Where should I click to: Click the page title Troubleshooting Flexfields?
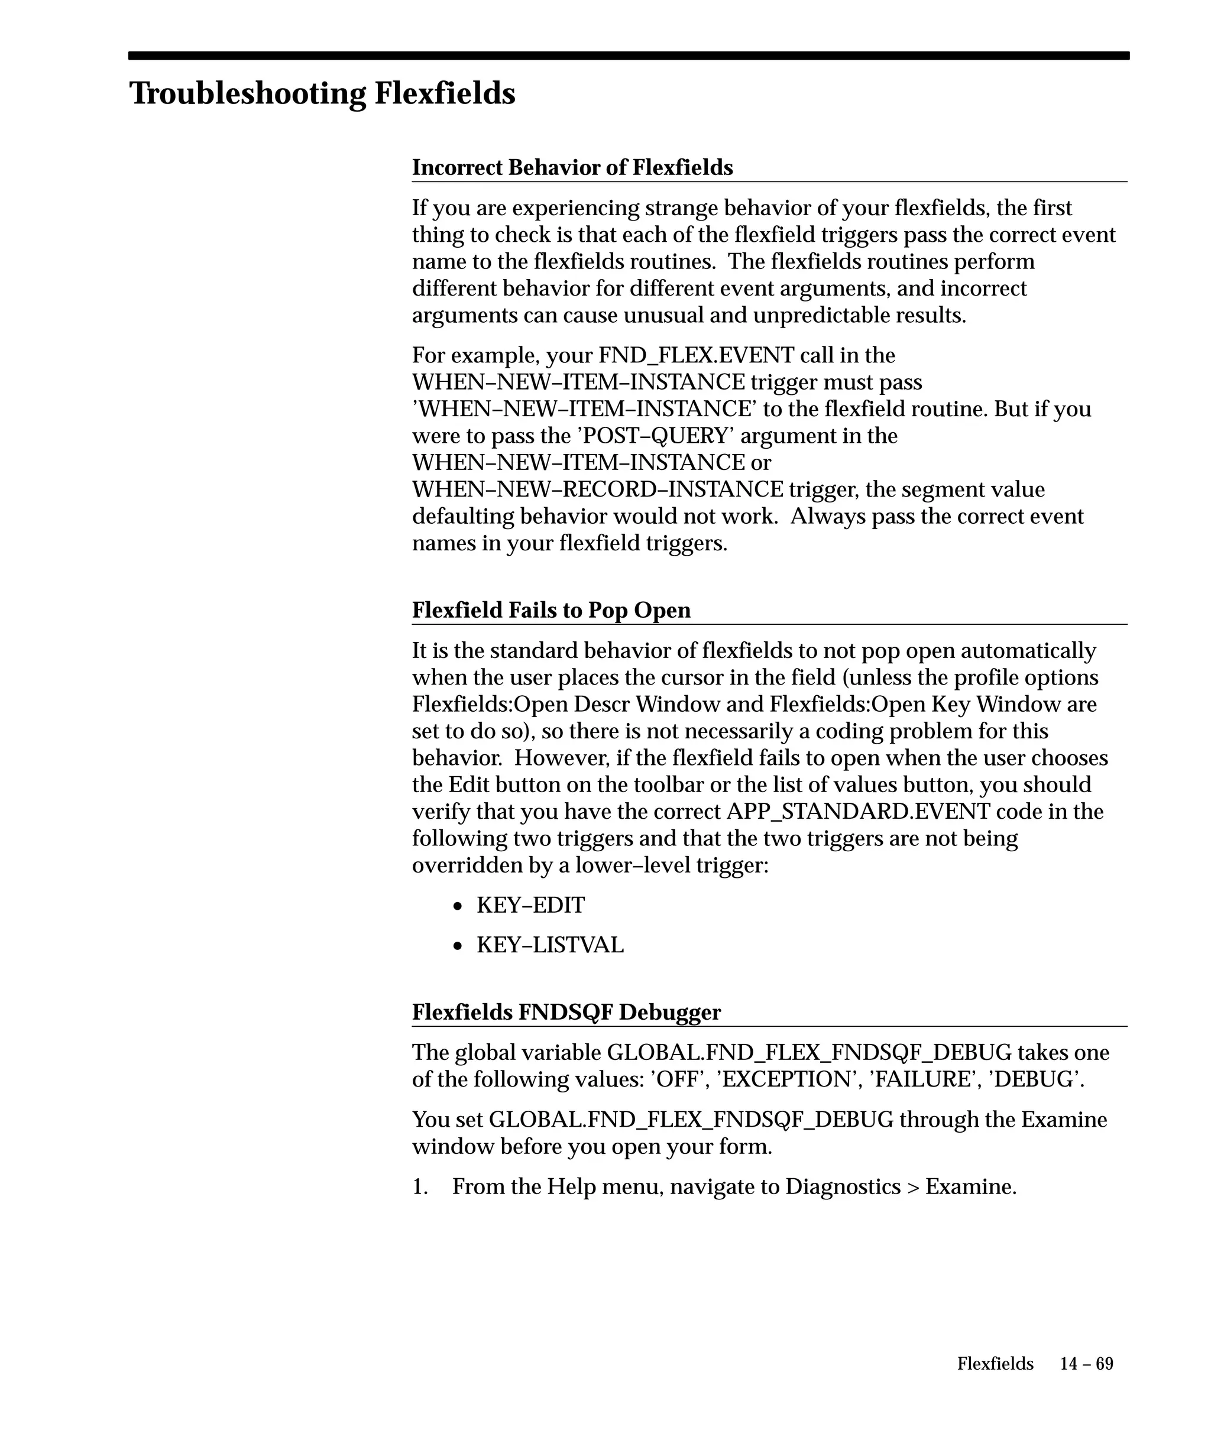pyautogui.click(x=322, y=93)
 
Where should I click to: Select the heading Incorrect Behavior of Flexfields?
pyautogui.click(x=572, y=167)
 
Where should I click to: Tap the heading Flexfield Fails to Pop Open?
pyautogui.click(x=551, y=610)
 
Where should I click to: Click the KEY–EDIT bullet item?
pyautogui.click(x=530, y=905)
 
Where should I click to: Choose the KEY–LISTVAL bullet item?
pyautogui.click(x=549, y=945)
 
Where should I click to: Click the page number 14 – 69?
pyautogui.click(x=1086, y=1364)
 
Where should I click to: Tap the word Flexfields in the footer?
pyautogui.click(x=995, y=1364)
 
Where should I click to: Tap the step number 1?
pyautogui.click(x=419, y=1188)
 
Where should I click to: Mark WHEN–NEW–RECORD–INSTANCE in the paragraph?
pyautogui.click(x=597, y=490)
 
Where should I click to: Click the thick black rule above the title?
pyautogui.click(x=629, y=56)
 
